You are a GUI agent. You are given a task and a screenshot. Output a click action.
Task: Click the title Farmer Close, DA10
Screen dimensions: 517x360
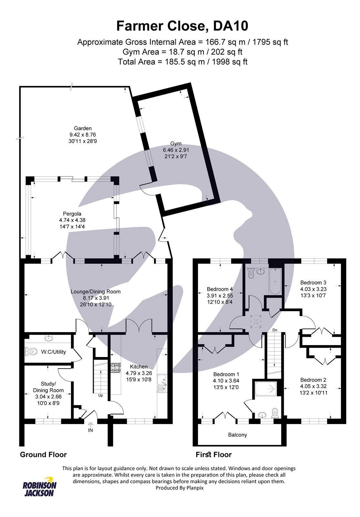tap(182, 26)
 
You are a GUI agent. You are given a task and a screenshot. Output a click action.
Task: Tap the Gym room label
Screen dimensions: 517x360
tap(176, 143)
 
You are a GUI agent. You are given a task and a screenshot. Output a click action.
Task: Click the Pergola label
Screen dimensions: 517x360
tap(72, 214)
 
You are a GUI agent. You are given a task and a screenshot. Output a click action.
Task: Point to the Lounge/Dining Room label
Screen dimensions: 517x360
tap(96, 291)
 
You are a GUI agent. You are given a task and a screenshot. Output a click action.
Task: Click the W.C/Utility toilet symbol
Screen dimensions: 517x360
tap(30, 351)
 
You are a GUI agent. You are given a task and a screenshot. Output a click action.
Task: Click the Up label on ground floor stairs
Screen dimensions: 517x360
tap(100, 395)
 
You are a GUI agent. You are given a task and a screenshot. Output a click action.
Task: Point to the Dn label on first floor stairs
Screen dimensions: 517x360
tap(275, 330)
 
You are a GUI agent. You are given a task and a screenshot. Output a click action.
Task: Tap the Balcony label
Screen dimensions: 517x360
tap(237, 435)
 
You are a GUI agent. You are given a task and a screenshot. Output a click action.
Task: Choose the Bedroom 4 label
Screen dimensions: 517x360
tap(220, 289)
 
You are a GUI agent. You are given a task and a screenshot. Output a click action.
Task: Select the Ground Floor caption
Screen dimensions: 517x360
tap(43, 455)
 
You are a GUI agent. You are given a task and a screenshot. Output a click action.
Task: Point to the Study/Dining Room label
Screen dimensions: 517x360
tap(48, 387)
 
